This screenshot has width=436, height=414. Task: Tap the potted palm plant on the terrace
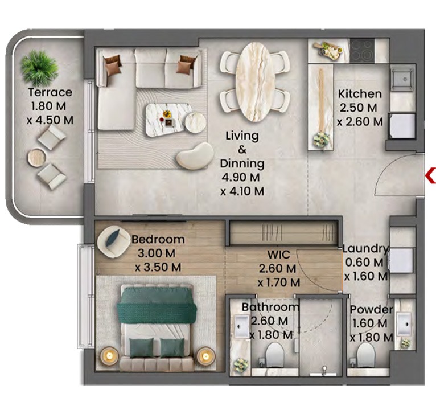coord(40,67)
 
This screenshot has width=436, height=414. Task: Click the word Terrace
coord(51,92)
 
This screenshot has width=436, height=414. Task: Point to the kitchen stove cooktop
coord(362,50)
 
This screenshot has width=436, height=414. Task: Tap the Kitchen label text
coord(360,94)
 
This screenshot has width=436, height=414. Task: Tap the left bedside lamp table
coord(108,356)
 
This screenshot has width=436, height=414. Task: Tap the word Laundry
coord(365,249)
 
